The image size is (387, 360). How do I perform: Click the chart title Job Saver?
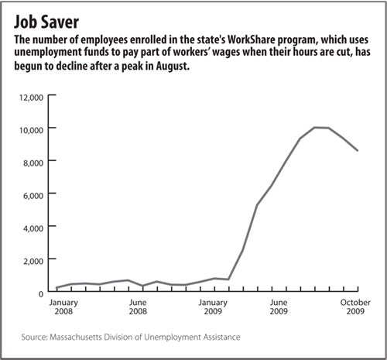(x=46, y=22)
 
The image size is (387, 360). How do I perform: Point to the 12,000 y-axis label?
(x=31, y=98)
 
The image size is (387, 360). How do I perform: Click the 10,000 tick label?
(x=31, y=130)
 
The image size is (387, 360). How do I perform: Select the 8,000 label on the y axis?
(x=33, y=163)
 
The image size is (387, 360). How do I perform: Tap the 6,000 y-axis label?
(x=33, y=196)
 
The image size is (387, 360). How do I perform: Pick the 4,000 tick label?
(x=33, y=228)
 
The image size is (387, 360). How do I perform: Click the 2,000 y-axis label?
(x=33, y=261)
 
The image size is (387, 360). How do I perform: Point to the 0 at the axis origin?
(x=41, y=294)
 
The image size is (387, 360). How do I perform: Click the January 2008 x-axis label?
(x=63, y=307)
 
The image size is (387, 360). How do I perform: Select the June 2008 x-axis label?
(x=138, y=307)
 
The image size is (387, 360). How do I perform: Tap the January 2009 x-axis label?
(x=213, y=307)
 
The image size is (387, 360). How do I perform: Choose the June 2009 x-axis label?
(x=279, y=307)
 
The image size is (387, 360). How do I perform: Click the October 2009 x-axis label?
(x=355, y=307)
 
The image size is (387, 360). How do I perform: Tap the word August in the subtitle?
(x=173, y=67)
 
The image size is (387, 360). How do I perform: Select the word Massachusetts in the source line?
(x=75, y=337)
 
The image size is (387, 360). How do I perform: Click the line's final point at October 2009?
(x=358, y=150)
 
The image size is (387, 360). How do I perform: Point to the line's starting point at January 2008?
(x=57, y=287)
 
